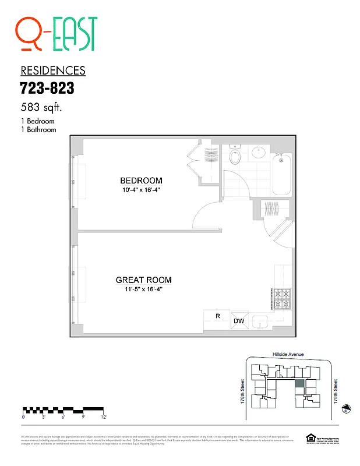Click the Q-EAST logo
point(57,34)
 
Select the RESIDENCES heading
point(53,71)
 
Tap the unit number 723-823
point(47,89)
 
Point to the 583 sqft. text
point(41,108)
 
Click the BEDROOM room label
point(141,181)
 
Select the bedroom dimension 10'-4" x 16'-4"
point(141,190)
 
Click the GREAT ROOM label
point(143,280)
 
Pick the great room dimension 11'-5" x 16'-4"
point(143,290)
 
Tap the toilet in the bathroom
point(235,157)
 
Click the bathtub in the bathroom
point(281,175)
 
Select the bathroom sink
point(259,153)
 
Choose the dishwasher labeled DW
point(239,321)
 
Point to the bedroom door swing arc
point(204,214)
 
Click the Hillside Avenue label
point(288,354)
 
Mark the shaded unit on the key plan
point(299,384)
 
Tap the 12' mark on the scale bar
point(103,417)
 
